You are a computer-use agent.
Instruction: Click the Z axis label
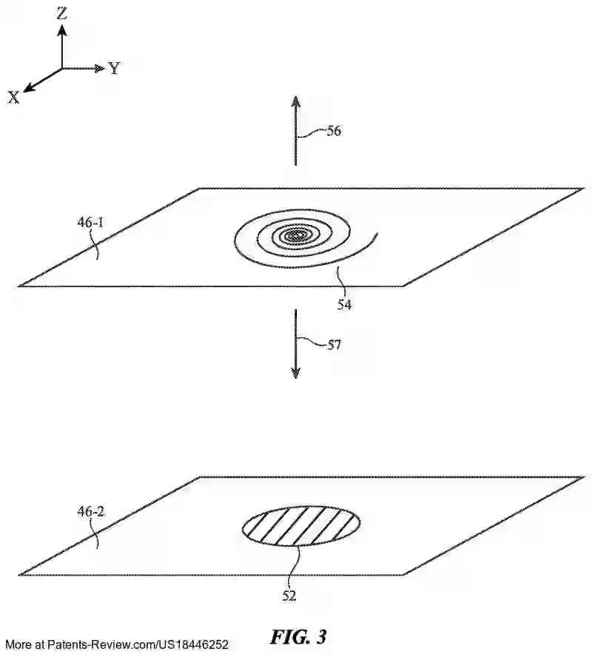pos(63,12)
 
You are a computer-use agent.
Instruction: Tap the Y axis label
pos(114,69)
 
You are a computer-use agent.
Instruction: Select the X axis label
pos(13,97)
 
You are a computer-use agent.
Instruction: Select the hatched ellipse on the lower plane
pos(301,526)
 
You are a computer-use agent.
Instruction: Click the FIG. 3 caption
pos(298,636)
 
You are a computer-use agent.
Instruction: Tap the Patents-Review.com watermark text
pos(115,645)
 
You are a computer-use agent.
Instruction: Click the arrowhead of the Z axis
pos(63,28)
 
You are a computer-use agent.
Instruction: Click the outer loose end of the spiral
pos(377,235)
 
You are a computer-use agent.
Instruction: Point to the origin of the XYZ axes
pos(63,69)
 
